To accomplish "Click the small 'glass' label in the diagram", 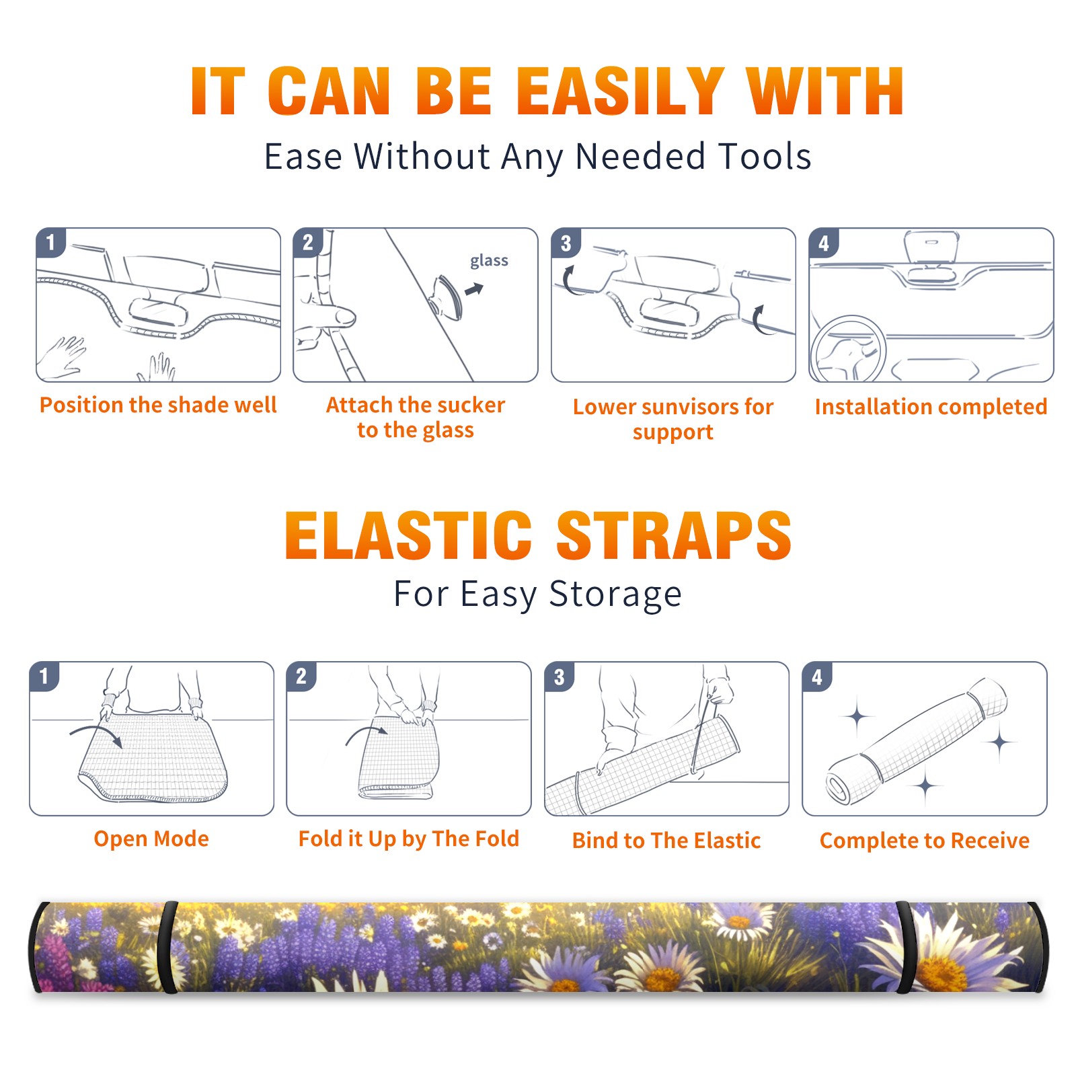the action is click(489, 261).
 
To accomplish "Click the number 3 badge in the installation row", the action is click(566, 243).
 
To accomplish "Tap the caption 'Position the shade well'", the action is click(158, 405).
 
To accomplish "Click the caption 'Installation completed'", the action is click(931, 407).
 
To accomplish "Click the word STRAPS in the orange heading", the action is click(674, 535).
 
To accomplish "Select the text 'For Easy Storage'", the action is click(537, 594).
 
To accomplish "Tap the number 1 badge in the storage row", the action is click(44, 676).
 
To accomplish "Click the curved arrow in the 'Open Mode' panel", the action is click(96, 734).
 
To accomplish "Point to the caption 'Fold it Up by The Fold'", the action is click(409, 839).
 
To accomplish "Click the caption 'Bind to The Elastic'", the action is click(666, 841).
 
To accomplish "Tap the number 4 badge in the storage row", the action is click(817, 677).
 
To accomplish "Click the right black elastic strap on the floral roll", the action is click(905, 948).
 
